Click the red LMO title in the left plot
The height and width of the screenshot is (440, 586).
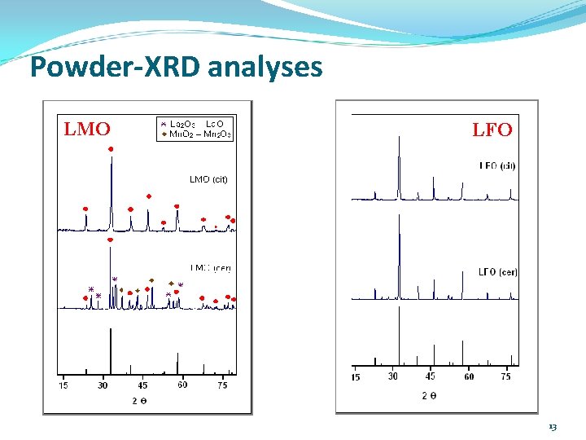pos(86,129)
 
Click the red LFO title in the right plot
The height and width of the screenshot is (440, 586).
pos(492,130)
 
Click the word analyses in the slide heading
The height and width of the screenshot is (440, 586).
pos(265,67)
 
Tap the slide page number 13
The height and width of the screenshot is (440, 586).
pos(553,427)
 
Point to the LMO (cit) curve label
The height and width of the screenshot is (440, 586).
pos(208,179)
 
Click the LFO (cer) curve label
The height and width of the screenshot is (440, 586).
pos(497,271)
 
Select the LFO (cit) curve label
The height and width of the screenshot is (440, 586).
pos(497,166)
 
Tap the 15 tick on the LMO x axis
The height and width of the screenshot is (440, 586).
pos(63,385)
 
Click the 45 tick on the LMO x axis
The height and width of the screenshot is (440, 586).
pos(143,385)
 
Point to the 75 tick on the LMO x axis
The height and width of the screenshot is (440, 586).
pos(222,385)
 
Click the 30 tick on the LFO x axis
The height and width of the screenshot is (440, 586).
pos(394,376)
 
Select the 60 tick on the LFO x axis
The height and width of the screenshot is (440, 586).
pos(469,376)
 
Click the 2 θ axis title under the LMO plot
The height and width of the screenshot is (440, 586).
pos(140,399)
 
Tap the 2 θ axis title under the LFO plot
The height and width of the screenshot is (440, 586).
pos(429,395)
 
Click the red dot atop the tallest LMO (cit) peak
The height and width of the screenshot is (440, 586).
pos(111,149)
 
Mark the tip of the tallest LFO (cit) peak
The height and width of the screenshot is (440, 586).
pos(399,137)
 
